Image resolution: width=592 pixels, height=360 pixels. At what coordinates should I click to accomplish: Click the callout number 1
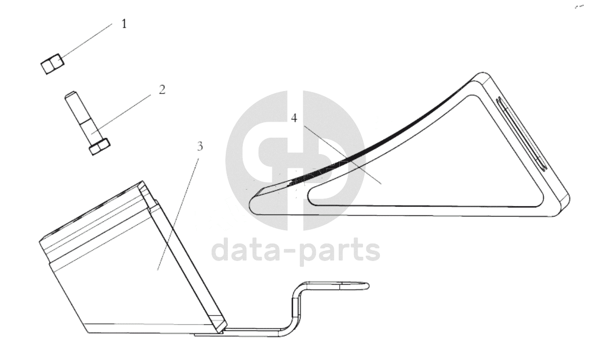124,24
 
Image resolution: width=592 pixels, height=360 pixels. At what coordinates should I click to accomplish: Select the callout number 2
162,90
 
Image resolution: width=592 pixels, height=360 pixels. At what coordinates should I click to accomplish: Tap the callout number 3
200,146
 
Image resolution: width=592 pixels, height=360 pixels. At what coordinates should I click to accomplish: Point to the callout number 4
294,118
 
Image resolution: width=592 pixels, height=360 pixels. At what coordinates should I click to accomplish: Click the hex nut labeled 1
52,64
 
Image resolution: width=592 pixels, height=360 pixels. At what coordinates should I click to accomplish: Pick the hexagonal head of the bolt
100,146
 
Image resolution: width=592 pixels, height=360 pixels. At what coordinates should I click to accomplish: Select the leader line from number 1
86,41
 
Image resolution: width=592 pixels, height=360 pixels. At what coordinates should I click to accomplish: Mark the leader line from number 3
178,214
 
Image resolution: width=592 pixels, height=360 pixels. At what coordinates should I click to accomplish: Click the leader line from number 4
342,155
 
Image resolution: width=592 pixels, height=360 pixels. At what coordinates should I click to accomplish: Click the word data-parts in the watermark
296,249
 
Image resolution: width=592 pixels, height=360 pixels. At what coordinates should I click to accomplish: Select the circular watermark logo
295,160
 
